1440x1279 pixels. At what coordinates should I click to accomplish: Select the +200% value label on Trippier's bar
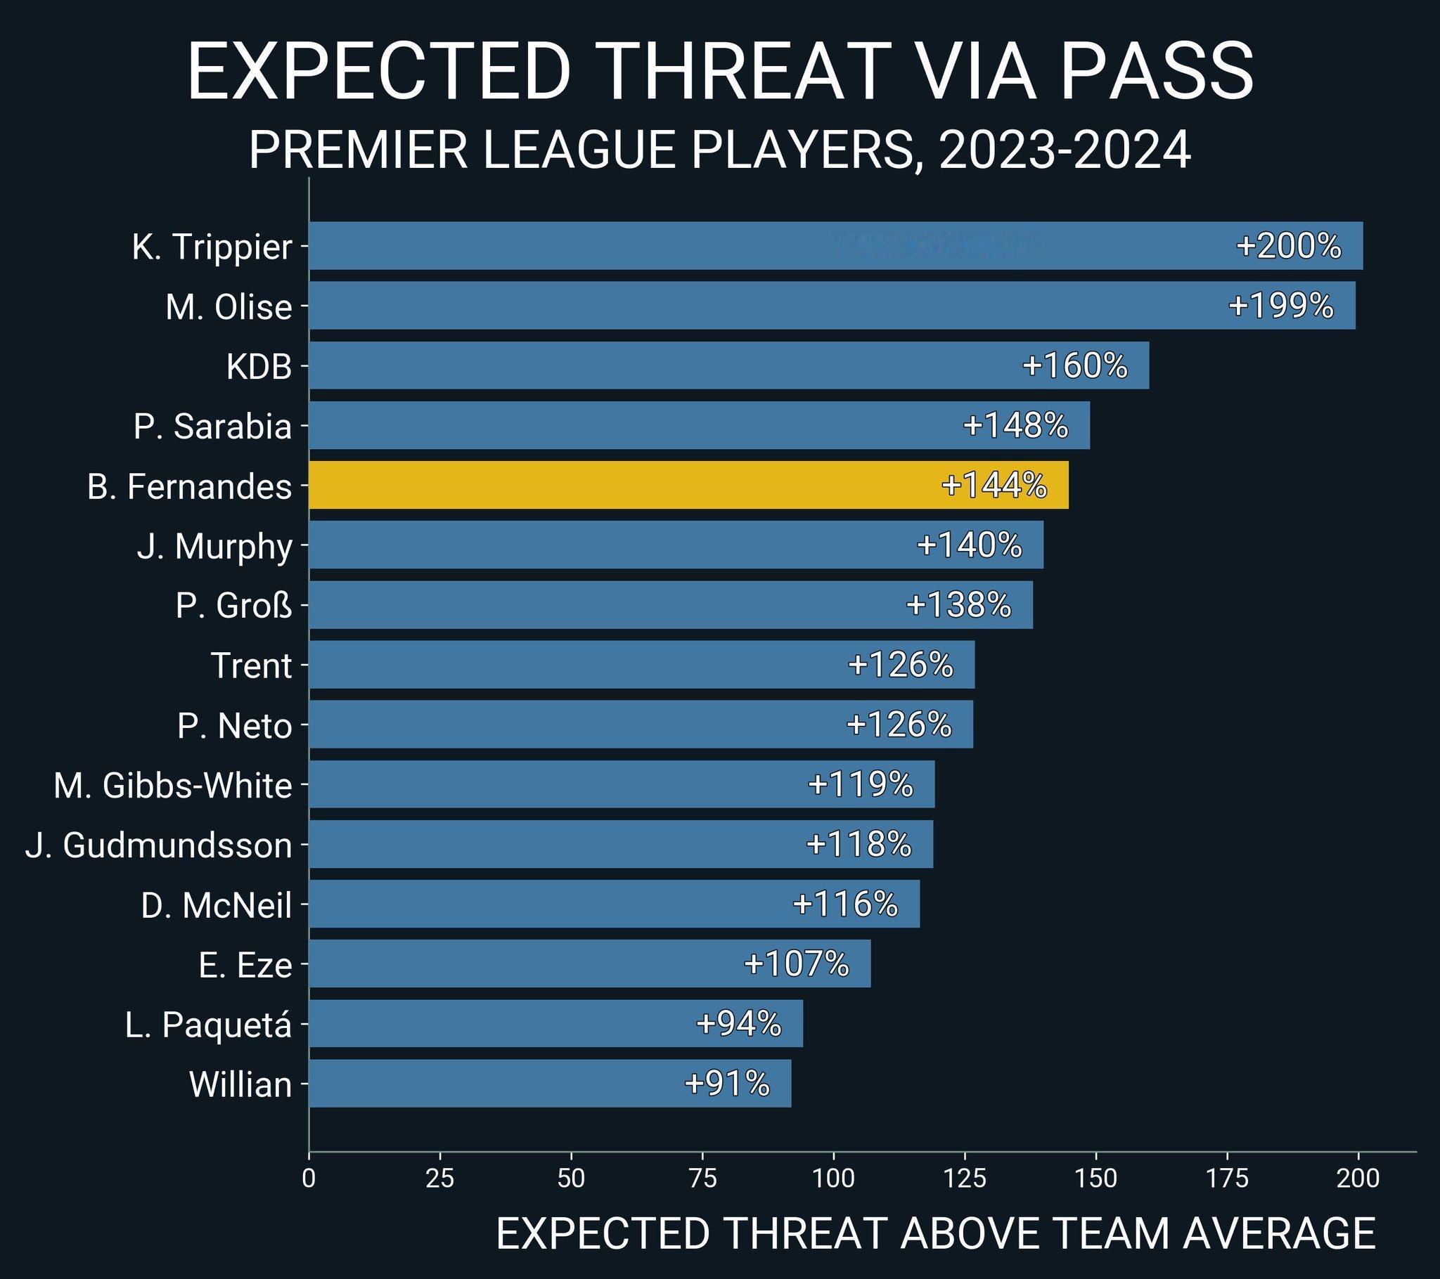click(1288, 247)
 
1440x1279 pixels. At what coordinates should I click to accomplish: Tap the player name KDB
click(259, 367)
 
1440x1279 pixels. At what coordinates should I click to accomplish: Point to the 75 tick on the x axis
click(702, 1179)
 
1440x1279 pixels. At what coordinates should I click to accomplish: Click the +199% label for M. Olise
click(1281, 306)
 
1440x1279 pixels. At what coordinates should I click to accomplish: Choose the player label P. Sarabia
click(212, 427)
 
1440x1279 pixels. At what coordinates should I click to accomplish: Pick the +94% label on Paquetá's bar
click(738, 1023)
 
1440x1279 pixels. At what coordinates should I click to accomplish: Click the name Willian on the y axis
click(240, 1084)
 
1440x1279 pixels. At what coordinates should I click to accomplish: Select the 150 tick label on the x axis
click(1096, 1179)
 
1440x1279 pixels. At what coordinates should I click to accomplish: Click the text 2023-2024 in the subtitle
click(1065, 150)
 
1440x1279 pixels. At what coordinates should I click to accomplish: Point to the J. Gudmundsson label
click(158, 845)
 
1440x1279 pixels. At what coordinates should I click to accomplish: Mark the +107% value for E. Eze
click(796, 963)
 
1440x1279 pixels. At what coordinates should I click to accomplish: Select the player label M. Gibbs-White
click(172, 785)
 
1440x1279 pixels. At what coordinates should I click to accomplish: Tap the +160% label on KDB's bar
click(1074, 366)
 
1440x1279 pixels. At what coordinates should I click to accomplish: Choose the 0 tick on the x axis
click(309, 1179)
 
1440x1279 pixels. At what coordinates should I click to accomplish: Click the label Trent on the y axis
click(251, 666)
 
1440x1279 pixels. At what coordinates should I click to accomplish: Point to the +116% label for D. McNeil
click(844, 904)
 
